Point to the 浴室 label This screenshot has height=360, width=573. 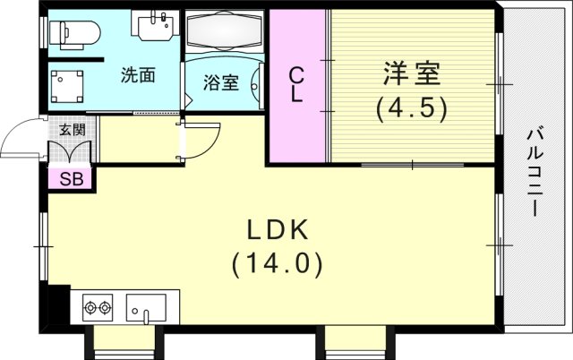tap(221, 83)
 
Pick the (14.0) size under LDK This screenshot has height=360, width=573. tap(278, 264)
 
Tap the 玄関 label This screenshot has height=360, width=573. tap(72, 130)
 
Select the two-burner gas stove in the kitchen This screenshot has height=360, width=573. tap(98, 309)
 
